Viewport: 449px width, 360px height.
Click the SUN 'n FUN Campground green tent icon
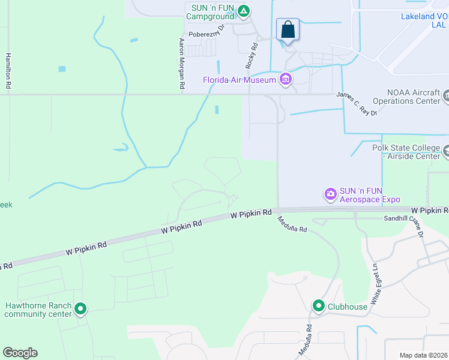[x=243, y=11]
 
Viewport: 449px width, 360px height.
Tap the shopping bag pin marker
[x=288, y=29]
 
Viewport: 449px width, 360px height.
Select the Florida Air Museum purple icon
[x=286, y=80]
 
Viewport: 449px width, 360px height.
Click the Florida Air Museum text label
[x=239, y=80]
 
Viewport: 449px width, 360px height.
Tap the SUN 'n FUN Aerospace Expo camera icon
[x=330, y=193]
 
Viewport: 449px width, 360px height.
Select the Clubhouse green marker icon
[x=318, y=307]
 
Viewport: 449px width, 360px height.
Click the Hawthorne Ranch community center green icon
[x=80, y=310]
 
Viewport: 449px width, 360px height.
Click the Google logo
[x=20, y=352]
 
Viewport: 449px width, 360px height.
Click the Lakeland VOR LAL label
[x=424, y=20]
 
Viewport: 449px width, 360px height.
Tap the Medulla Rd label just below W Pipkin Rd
[x=292, y=225]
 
